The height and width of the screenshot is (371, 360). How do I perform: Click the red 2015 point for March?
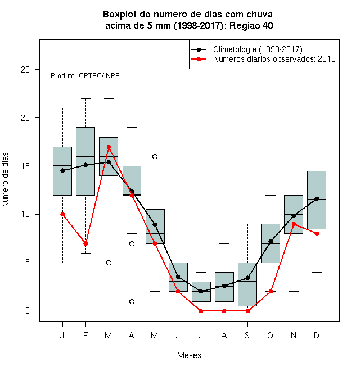[x=109, y=147]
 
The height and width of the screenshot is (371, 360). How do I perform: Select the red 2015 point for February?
[x=85, y=243]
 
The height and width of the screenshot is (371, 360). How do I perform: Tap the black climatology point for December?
[x=317, y=198]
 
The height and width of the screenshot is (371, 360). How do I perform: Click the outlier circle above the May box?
[x=155, y=156]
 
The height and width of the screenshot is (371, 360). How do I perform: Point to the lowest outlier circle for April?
[x=132, y=301]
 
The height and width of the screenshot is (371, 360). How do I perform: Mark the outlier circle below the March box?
[x=109, y=263]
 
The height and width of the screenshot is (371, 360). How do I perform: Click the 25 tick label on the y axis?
[x=25, y=70]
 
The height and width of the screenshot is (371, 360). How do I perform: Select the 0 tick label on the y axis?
[x=28, y=311]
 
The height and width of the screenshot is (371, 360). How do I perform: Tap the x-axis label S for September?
[x=247, y=335]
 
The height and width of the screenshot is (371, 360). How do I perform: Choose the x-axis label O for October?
[x=270, y=335]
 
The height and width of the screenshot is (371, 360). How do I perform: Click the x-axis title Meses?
[x=189, y=355]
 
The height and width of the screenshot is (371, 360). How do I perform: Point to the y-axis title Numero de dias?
[x=5, y=180]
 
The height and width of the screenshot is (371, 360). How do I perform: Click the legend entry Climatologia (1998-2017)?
[x=258, y=49]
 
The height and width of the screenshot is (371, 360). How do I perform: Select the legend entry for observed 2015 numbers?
[x=274, y=58]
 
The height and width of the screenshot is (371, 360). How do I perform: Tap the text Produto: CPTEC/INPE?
[x=85, y=76]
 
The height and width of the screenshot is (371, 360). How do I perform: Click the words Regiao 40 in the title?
[x=251, y=25]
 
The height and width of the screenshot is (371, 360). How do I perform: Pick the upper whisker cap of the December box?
[x=317, y=108]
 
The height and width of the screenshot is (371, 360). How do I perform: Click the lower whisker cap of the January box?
[x=63, y=263]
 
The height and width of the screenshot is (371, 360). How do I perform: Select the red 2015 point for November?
[x=294, y=224]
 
